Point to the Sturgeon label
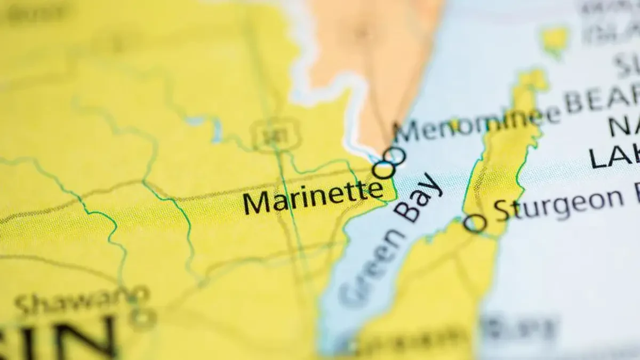click(x=558, y=205)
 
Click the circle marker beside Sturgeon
click(x=474, y=223)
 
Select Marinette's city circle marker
click(x=384, y=170)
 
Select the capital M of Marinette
click(x=257, y=203)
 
